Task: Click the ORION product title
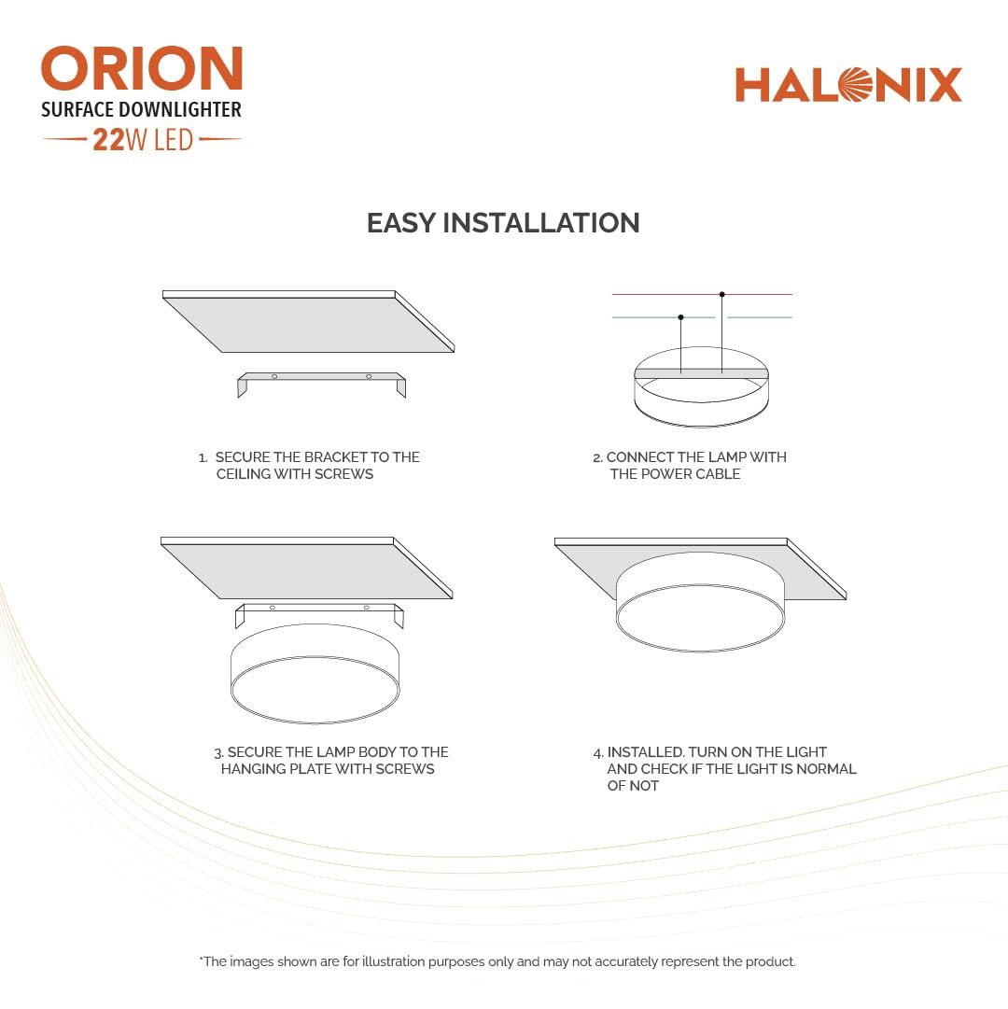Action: [142, 70]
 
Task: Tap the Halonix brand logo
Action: [848, 85]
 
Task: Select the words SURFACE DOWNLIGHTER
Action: [141, 110]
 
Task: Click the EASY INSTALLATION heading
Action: [503, 223]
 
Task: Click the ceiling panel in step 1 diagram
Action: [308, 323]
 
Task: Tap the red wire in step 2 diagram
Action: [653, 295]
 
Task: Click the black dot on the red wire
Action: [722, 295]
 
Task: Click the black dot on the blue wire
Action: [681, 317]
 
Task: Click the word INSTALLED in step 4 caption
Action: [645, 752]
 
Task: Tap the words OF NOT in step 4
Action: [633, 786]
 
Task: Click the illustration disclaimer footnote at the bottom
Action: [497, 961]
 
